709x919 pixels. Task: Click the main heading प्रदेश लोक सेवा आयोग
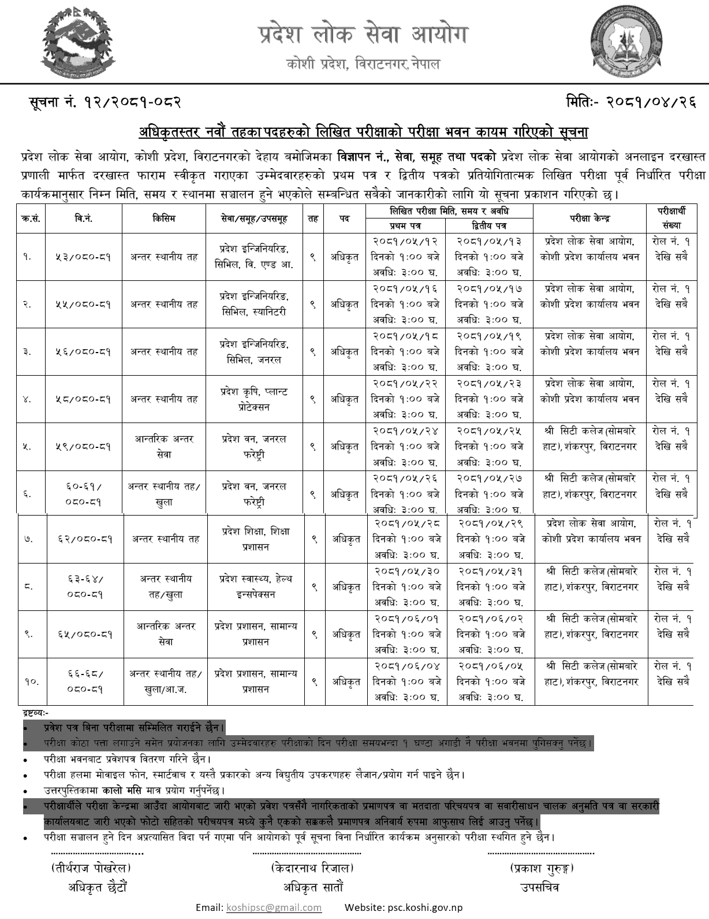coord(362,35)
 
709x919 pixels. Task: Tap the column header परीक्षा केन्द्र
coord(589,218)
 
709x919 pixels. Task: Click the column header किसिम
coord(164,218)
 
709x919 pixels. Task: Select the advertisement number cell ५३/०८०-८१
coord(84,257)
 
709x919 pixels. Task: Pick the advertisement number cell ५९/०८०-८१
coord(84,447)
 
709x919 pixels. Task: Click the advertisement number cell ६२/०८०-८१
coord(85,539)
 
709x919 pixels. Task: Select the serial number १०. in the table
coord(32,681)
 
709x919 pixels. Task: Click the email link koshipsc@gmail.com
coord(274,907)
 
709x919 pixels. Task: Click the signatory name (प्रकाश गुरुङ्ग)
coord(542,868)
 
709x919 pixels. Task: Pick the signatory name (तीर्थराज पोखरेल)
coord(91,868)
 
